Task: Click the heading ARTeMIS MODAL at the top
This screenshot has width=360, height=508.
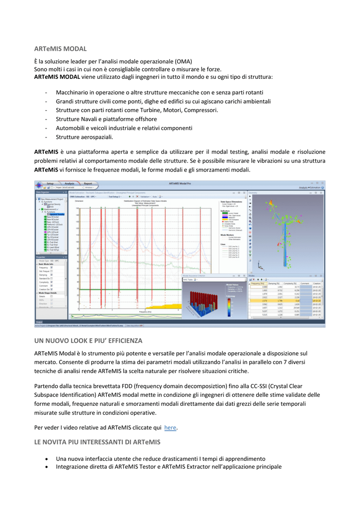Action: coord(60,49)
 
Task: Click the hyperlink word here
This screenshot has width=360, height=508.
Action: coord(170,427)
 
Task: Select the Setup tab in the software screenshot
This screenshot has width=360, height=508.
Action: coord(50,183)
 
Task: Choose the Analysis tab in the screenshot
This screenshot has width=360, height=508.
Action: coord(69,183)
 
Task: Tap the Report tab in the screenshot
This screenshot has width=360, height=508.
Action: coord(87,183)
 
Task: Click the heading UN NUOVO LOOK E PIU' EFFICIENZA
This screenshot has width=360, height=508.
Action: coord(88,340)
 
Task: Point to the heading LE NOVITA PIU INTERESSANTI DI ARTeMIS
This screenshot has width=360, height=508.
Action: coord(97,442)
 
